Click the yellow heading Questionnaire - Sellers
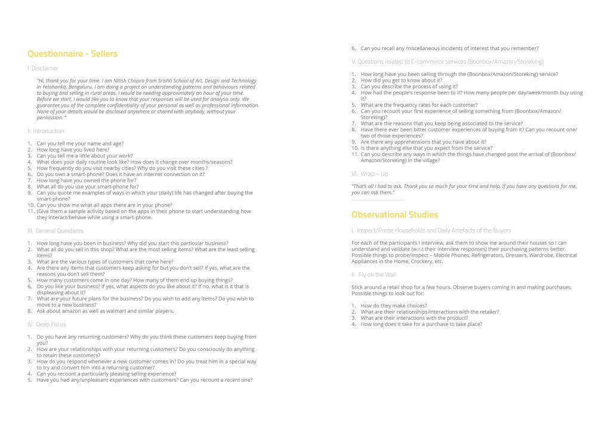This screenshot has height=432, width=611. click(x=72, y=54)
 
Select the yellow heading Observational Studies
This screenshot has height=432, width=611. click(x=394, y=215)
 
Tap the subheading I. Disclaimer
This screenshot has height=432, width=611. click(x=43, y=69)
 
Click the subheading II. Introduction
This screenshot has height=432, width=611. click(x=46, y=131)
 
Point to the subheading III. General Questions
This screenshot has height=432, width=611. click(x=55, y=230)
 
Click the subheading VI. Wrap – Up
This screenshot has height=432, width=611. click(x=369, y=174)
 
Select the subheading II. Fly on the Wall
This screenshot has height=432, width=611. click(x=374, y=274)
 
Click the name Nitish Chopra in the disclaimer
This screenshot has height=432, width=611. click(x=128, y=80)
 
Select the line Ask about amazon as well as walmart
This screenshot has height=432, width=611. click(x=105, y=311)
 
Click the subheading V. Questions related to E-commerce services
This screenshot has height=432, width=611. click(x=448, y=61)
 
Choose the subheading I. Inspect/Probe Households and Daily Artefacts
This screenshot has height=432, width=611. click(x=431, y=230)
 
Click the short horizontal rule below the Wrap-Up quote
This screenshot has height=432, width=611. click(x=378, y=200)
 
